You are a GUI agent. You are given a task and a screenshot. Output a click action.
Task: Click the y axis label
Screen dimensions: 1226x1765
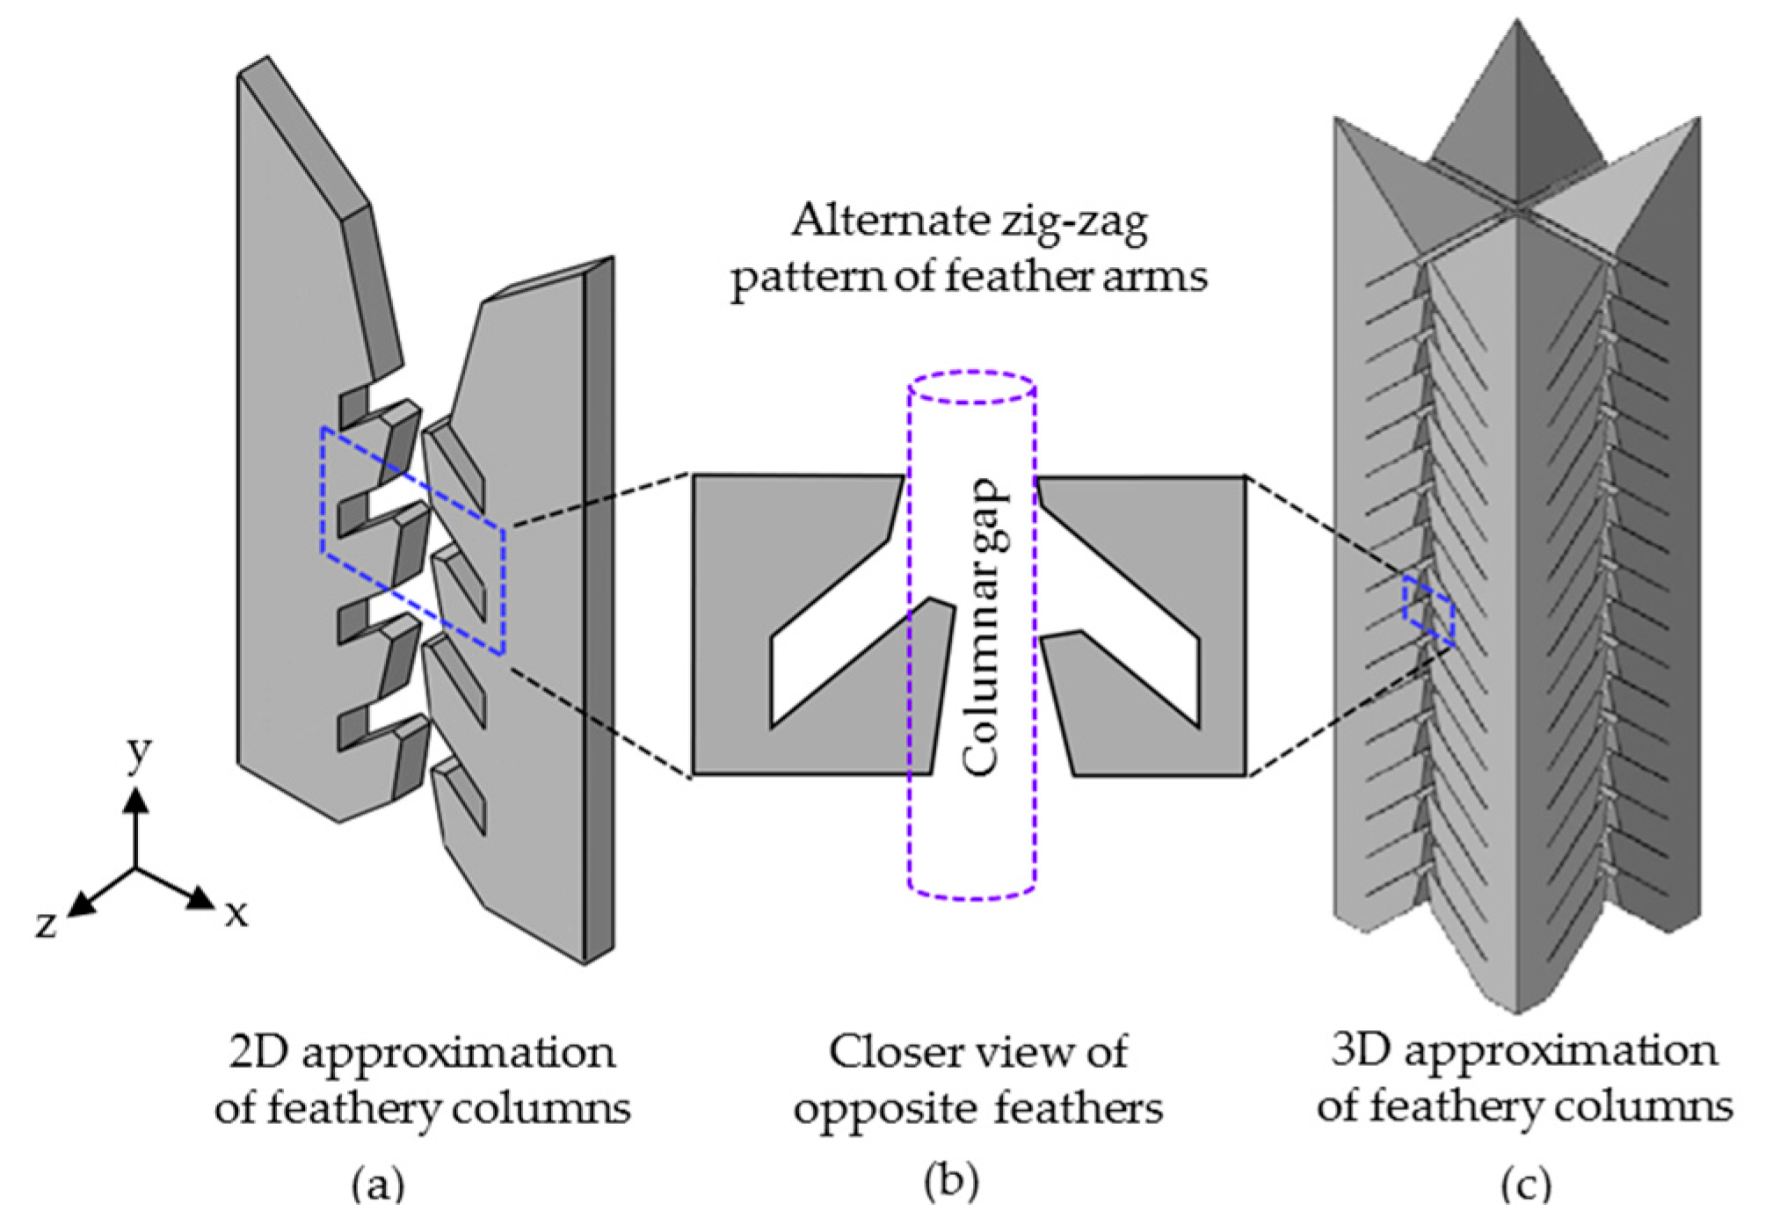pos(138,754)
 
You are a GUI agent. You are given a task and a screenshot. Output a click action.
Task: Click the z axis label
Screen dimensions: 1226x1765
pos(46,924)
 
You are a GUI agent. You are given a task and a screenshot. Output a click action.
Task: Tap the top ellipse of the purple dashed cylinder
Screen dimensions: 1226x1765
pos(972,388)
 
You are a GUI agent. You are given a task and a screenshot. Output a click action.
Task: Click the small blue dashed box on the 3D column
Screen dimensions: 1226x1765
pos(1428,612)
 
